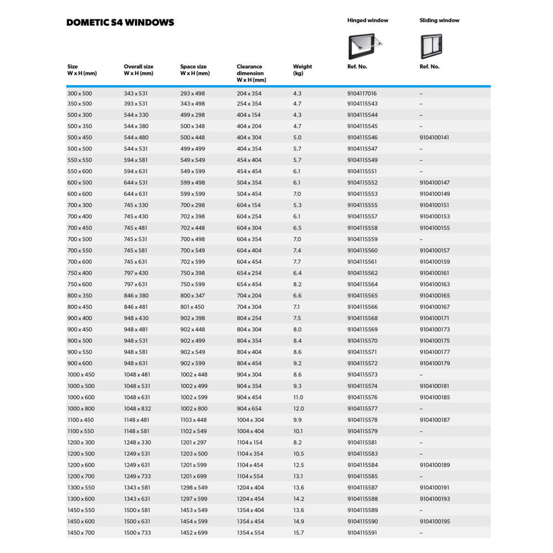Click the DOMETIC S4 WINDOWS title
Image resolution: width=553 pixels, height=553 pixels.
pos(120,23)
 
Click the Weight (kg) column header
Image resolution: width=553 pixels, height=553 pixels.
pos(302,70)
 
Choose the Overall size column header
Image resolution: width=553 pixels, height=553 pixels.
pos(138,70)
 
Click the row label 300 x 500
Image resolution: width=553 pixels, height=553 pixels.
pos(80,93)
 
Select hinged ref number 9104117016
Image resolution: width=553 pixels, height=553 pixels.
pos(362,93)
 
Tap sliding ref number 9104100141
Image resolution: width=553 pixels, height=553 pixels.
pos(434,137)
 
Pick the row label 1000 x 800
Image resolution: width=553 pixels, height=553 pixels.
pos(81,409)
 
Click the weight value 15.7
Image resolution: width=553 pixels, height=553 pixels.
pos(299,533)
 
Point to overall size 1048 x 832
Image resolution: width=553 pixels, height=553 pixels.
pos(137,409)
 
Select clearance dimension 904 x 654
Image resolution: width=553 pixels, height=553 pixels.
pos(249,409)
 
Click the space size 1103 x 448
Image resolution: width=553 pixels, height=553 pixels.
pos(194,420)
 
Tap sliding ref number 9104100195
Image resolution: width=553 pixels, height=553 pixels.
pos(434,521)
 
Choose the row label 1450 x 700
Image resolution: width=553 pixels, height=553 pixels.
pos(81,533)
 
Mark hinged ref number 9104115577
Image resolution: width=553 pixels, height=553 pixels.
pos(362,409)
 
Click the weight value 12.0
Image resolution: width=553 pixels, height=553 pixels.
pos(299,409)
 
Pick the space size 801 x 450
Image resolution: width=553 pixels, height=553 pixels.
pos(192,307)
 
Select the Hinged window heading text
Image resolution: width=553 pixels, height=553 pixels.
pos(368,20)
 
